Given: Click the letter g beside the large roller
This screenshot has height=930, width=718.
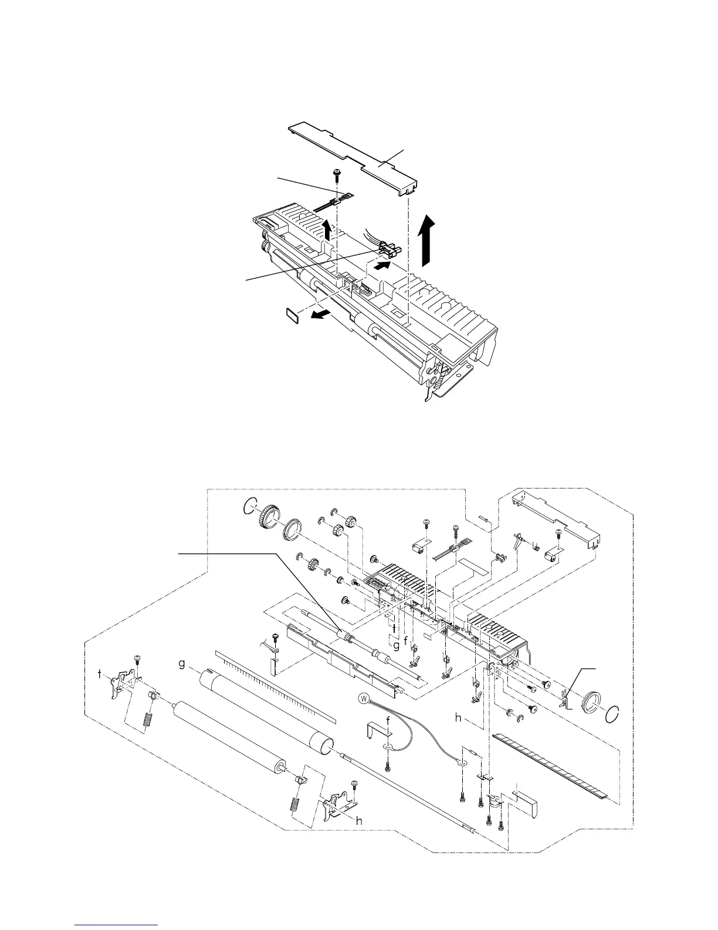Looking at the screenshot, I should click(182, 664).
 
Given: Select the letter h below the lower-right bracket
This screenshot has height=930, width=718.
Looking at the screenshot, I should click(359, 821).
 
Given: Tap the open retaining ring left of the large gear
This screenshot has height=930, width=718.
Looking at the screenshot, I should click(250, 506).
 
